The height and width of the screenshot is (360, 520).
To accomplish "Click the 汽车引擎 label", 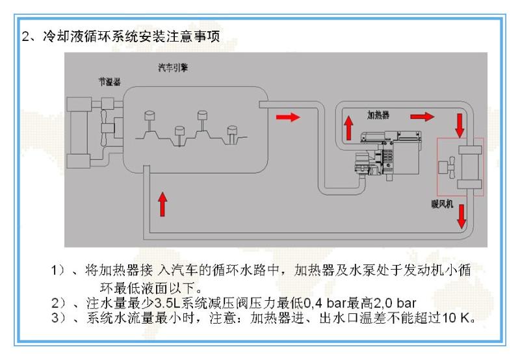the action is point(173,68).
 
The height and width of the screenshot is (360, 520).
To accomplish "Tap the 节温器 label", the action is point(110,81).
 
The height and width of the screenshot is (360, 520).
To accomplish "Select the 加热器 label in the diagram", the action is point(378,115).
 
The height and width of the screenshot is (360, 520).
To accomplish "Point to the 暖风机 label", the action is point(442,203).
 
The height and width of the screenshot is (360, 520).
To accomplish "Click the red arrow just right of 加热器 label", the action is point(422,117).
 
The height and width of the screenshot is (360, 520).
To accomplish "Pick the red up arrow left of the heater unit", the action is point(348,127).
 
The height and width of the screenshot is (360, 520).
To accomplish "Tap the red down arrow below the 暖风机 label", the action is point(461,216).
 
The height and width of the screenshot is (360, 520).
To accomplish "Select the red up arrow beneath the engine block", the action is point(162,204).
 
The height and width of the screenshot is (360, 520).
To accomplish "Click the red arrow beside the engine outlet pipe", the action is point(288,117).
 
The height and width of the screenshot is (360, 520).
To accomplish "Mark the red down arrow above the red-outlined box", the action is point(460,125).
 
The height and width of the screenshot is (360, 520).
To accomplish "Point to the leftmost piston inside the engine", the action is point(150,122).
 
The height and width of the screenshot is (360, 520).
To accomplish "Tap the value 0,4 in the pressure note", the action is point(313,303).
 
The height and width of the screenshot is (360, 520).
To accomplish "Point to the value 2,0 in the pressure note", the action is point(383,303).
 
